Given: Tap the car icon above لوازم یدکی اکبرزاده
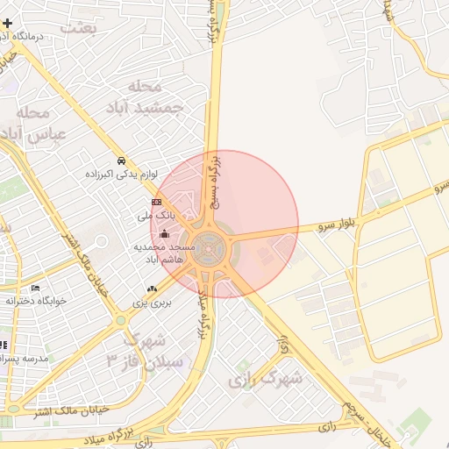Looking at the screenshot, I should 121,160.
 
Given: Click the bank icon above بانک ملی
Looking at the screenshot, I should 157,202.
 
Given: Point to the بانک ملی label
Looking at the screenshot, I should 158,214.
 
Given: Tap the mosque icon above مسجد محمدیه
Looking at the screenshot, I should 164,234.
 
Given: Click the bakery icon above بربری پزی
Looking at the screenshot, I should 153,289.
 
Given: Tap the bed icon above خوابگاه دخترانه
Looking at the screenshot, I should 35,288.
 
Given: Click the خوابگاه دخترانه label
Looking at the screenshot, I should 36,300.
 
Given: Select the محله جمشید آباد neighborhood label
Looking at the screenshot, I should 154,96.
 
